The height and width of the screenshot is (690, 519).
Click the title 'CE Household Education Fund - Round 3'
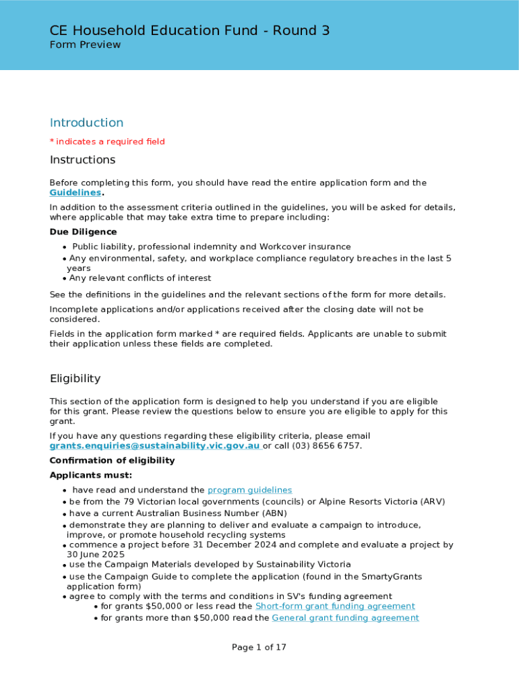(189, 30)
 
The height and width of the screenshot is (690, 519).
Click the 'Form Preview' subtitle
(85, 45)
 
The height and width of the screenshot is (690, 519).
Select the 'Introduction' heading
(86, 123)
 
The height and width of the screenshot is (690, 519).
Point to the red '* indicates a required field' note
(107, 142)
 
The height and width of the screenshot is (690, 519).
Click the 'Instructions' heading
(82, 160)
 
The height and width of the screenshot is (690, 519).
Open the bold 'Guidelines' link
(75, 193)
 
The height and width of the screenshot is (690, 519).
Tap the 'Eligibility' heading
(75, 379)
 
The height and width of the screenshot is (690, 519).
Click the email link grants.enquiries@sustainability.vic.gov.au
(155, 446)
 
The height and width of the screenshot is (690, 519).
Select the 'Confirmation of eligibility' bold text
(112, 461)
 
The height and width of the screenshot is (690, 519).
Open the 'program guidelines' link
(249, 491)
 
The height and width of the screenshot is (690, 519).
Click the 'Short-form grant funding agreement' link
(335, 606)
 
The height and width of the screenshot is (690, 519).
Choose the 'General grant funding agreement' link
(345, 618)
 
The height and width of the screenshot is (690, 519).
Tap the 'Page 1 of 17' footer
(259, 648)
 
